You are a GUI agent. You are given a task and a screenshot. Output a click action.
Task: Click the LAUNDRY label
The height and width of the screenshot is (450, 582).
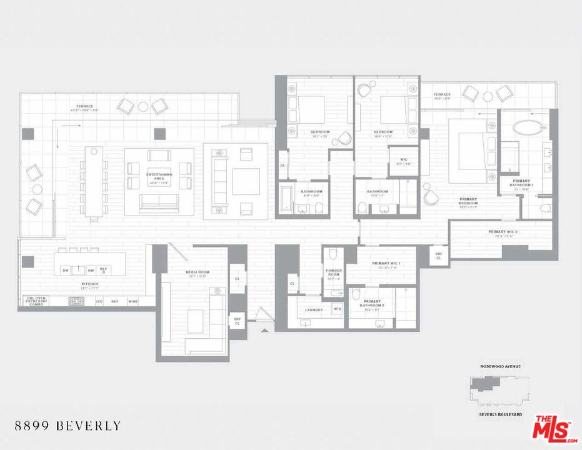(314, 310)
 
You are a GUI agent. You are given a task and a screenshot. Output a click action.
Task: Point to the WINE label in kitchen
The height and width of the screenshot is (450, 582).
(133, 301)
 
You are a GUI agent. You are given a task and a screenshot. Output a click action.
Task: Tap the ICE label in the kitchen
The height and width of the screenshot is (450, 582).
(99, 301)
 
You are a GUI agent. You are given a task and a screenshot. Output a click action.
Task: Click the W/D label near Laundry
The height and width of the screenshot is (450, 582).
(337, 309)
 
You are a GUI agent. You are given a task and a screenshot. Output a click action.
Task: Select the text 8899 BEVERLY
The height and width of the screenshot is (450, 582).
(68, 426)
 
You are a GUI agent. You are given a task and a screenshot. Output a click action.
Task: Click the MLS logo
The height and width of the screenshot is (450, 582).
(553, 428)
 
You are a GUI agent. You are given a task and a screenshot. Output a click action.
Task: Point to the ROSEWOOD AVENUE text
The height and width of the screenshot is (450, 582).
(500, 366)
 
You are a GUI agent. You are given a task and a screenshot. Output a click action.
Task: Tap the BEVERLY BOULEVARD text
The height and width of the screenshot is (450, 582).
(500, 414)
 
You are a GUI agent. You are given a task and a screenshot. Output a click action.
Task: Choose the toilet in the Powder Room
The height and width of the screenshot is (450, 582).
(333, 254)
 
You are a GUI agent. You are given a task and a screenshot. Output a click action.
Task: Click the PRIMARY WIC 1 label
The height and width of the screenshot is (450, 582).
(386, 264)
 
